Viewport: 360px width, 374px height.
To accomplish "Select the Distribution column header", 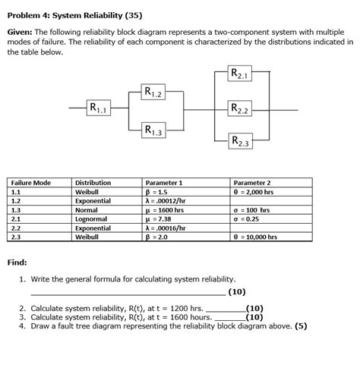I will pos(93,183).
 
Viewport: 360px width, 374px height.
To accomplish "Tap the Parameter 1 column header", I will pos(164,183).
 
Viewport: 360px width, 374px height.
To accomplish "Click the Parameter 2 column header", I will pos(252,183).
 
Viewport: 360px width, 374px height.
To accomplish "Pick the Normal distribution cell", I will pos(87,210).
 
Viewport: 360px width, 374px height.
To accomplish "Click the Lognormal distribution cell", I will pos(93,219).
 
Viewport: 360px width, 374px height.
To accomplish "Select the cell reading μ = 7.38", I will pos(162,219).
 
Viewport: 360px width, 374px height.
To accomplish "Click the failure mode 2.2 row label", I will pos(16,228).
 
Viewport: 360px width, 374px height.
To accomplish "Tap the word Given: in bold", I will pos(20,34).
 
